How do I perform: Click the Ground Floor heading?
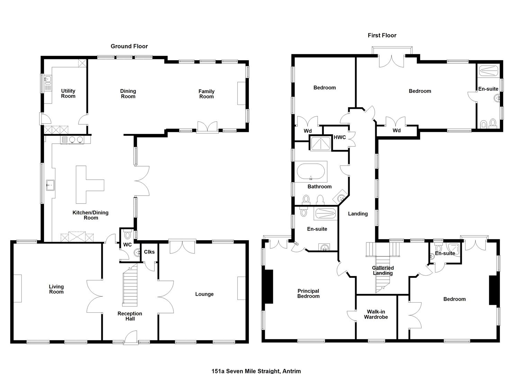click(x=129, y=46)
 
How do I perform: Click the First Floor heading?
click(x=382, y=35)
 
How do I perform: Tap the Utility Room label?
click(x=68, y=93)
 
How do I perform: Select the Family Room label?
click(x=207, y=94)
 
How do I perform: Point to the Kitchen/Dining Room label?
click(x=91, y=215)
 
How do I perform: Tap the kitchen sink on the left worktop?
click(x=50, y=185)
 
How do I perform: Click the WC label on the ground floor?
click(x=128, y=245)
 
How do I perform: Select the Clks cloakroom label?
click(x=150, y=252)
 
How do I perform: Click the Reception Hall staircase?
click(x=130, y=285)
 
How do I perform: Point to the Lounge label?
click(x=205, y=294)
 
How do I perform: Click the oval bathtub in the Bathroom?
click(x=311, y=171)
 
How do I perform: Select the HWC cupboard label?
click(x=340, y=137)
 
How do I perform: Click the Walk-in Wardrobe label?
click(x=376, y=314)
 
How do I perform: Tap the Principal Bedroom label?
click(x=308, y=293)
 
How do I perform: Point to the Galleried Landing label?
click(x=383, y=270)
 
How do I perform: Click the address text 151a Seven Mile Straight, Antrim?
click(x=256, y=371)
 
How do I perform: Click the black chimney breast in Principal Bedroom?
click(x=269, y=286)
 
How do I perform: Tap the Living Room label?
click(x=56, y=289)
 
